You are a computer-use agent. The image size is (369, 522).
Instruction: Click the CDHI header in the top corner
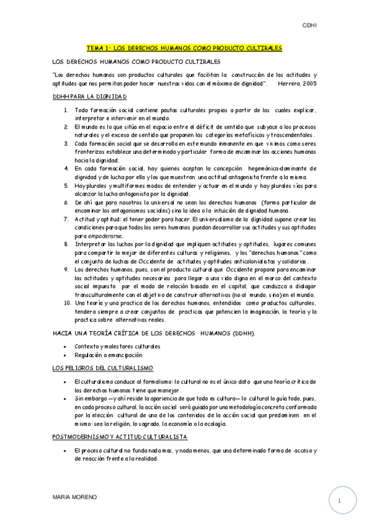pyautogui.click(x=309, y=26)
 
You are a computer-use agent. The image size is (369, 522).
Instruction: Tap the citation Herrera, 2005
pyautogui.click(x=298, y=83)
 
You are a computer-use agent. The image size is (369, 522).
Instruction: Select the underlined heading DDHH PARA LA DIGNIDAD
pyautogui.click(x=89, y=97)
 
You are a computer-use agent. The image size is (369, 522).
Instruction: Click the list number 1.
pyautogui.click(x=66, y=110)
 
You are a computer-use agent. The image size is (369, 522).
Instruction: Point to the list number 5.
pyautogui.click(x=66, y=185)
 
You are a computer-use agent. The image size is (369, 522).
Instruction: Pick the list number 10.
pyautogui.click(x=67, y=303)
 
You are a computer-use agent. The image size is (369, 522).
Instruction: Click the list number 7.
pyautogui.click(x=66, y=219)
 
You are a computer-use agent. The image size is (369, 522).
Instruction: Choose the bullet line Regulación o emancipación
pyautogui.click(x=108, y=355)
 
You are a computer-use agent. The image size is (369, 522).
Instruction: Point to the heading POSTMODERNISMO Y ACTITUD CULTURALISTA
pyautogui.click(x=120, y=436)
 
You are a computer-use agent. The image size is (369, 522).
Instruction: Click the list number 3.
pyautogui.click(x=66, y=142)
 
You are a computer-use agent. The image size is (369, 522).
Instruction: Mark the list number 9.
pyautogui.click(x=66, y=270)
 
